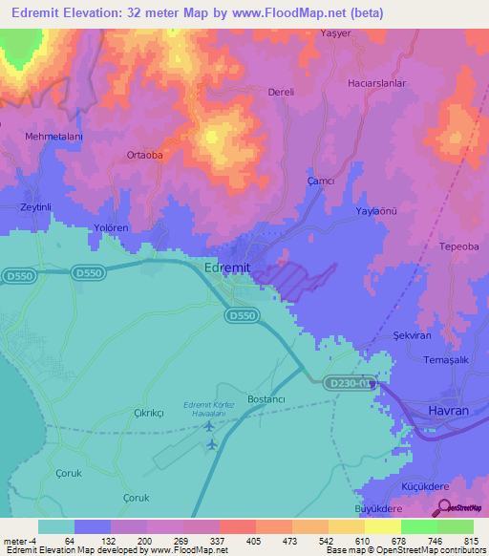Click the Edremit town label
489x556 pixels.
(227, 268)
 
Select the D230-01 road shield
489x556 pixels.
(350, 383)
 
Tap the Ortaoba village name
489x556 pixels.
(144, 155)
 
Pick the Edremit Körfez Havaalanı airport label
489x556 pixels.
(209, 410)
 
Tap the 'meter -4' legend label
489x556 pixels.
(19, 541)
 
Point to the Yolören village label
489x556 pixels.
(110, 229)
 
